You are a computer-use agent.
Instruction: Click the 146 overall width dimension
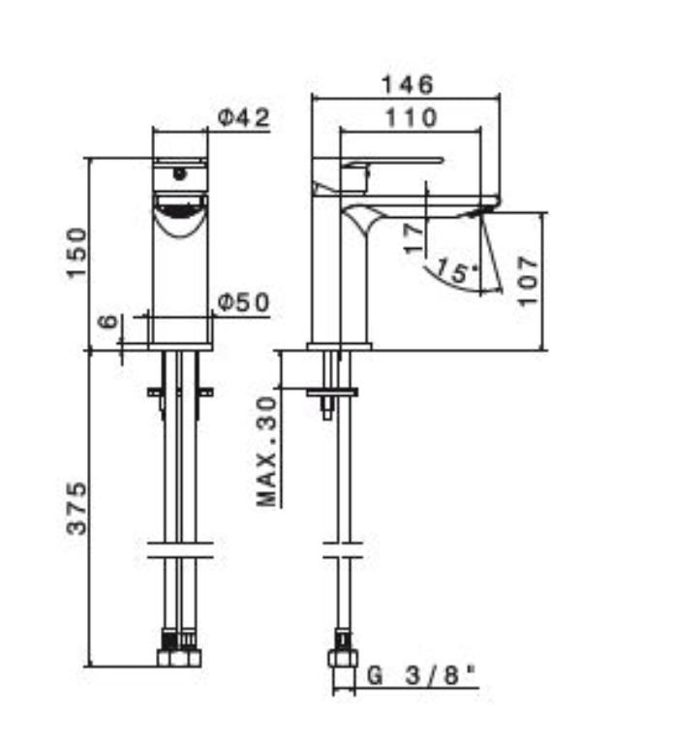point(408,85)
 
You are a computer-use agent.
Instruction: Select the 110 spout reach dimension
point(411,117)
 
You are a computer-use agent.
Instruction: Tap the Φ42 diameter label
point(244,117)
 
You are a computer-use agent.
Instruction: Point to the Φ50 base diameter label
point(244,302)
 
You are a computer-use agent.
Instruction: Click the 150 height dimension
point(77,253)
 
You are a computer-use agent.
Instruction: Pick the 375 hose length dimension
point(77,509)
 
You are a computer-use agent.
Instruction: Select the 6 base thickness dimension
point(108,322)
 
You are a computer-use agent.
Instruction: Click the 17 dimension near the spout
point(414,238)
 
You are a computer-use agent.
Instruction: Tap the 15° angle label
point(456,271)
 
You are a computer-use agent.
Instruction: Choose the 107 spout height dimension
point(528,281)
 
